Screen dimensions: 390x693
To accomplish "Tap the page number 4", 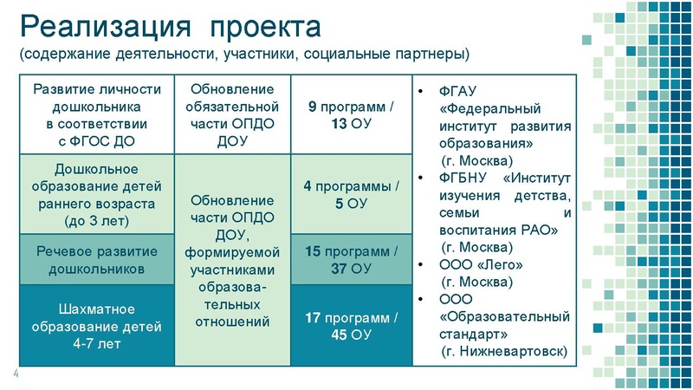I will click(14, 374).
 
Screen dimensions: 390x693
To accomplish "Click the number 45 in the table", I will click(339, 335).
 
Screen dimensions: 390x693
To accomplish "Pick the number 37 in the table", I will click(339, 269).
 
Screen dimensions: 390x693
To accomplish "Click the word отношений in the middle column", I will click(231, 322).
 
